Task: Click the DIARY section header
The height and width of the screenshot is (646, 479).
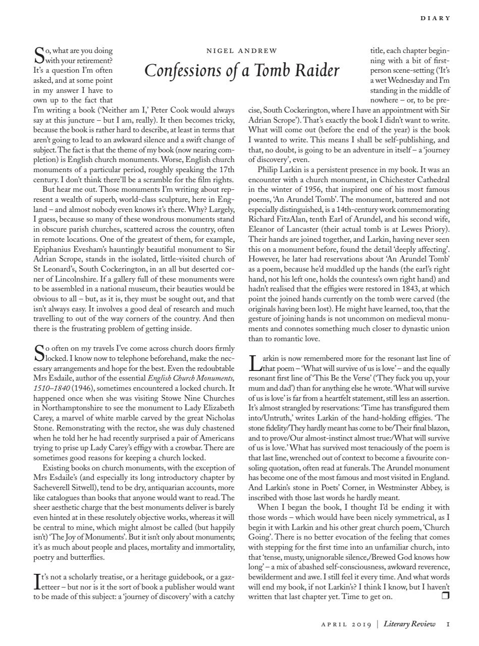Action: point(435,18)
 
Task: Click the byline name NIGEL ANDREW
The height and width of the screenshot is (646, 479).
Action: point(242,50)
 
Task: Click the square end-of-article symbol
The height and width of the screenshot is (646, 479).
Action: point(445,596)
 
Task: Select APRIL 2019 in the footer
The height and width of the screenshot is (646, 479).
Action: point(346,624)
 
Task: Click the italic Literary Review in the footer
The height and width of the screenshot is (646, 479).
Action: point(409,624)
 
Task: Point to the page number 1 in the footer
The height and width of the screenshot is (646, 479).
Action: point(448,624)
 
